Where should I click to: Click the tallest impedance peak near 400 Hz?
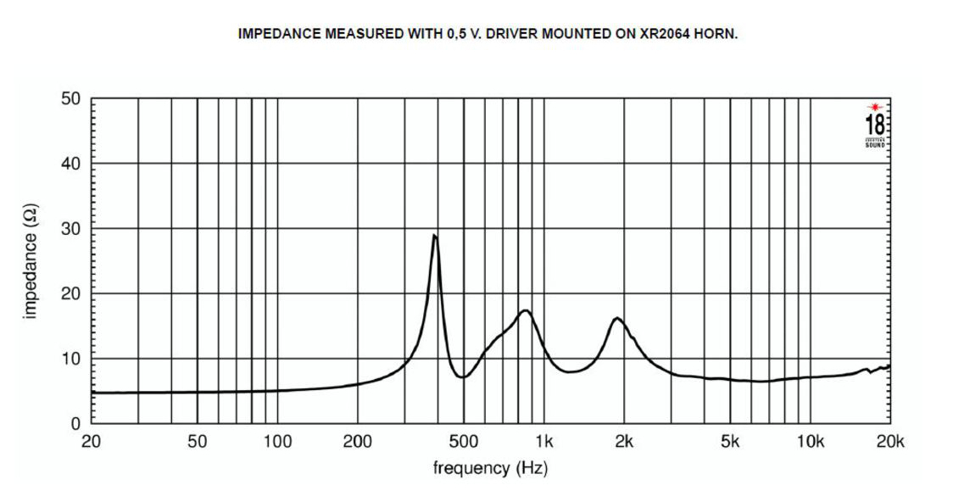tap(435, 236)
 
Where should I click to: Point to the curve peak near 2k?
tap(616, 318)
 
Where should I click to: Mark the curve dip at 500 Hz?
tap(462, 377)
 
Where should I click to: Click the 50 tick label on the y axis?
tap(70, 98)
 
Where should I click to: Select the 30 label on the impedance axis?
tap(70, 229)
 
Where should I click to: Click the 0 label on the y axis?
tap(75, 423)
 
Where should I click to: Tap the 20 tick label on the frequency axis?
tap(91, 441)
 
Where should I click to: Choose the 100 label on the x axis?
tap(277, 441)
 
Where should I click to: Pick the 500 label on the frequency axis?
tap(463, 441)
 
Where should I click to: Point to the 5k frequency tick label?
tap(730, 441)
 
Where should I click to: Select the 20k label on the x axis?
tap(890, 441)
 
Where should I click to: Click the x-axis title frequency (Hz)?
tap(489, 468)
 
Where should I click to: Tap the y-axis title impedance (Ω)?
tap(31, 261)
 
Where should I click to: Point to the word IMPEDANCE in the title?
tap(280, 36)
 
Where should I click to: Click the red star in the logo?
tap(874, 107)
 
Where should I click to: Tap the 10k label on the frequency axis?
tap(811, 441)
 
